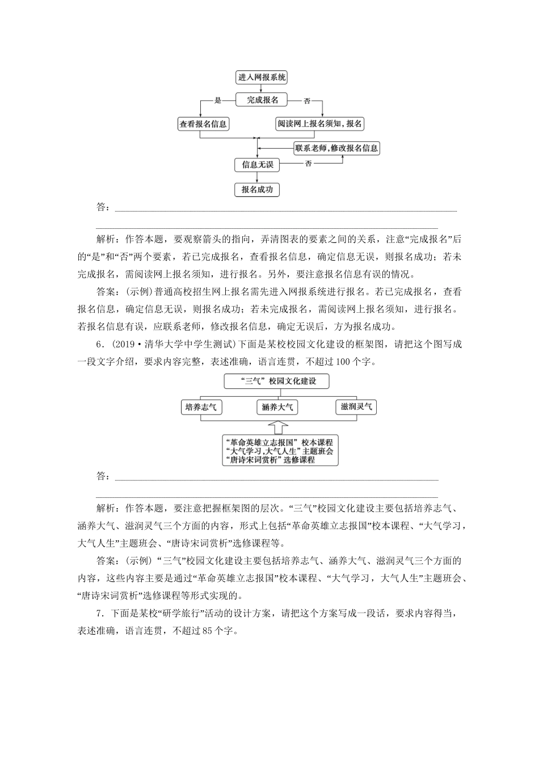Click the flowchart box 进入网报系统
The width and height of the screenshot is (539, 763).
point(262,77)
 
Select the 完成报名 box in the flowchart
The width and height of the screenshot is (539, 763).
point(262,100)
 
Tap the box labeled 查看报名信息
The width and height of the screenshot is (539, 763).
point(203,124)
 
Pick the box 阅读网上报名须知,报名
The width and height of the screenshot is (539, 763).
point(320,124)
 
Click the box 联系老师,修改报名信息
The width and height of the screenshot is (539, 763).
point(336,148)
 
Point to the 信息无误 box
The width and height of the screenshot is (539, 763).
point(258,165)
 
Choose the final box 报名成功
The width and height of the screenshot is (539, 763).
point(258,190)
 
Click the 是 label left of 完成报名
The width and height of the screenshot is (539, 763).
point(217,100)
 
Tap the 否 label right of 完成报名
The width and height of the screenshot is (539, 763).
point(307,101)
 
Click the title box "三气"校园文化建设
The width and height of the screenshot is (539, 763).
point(277,381)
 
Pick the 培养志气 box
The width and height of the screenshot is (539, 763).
point(201,407)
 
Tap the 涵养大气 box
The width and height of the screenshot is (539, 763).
point(277,407)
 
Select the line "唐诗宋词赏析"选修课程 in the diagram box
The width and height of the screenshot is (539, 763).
point(270,460)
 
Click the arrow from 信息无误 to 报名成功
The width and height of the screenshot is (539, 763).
point(258,177)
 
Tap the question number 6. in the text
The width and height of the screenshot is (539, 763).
point(100,346)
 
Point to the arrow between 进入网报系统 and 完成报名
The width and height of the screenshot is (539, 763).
point(261,88)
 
